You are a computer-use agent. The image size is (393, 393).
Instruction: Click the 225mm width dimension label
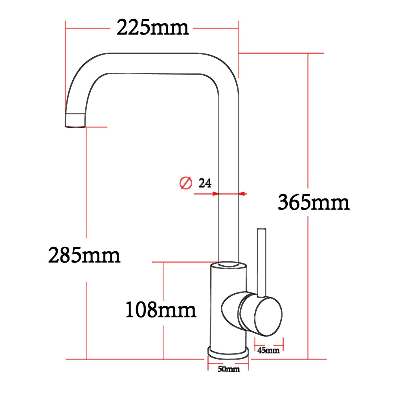click(x=152, y=28)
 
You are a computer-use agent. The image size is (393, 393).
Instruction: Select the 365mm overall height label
click(x=313, y=203)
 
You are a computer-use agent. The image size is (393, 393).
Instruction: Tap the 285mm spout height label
click(x=84, y=255)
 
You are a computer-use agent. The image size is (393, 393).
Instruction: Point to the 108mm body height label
click(x=160, y=310)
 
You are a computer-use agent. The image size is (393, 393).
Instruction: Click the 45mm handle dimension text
click(x=268, y=350)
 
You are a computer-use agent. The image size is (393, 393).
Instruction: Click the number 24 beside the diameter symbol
click(x=205, y=183)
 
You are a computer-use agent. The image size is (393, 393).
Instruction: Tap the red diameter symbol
click(x=185, y=183)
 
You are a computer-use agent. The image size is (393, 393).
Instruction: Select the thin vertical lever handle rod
click(x=261, y=261)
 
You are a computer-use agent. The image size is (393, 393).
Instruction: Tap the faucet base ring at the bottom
click(x=228, y=352)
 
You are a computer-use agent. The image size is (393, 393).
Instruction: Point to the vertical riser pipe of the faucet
click(x=228, y=157)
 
